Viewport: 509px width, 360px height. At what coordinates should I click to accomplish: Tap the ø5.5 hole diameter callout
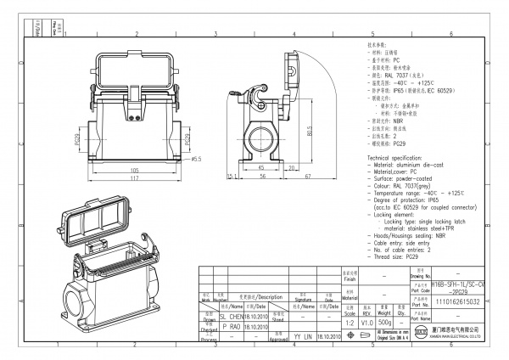[x=194, y=159]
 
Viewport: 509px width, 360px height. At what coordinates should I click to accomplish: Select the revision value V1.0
[x=367, y=323]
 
